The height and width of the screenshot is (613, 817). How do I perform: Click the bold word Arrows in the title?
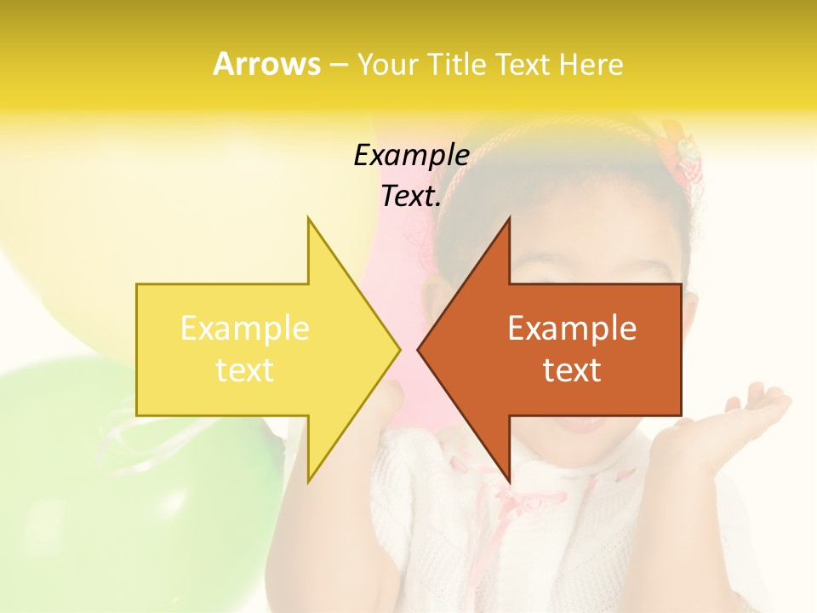coord(266,64)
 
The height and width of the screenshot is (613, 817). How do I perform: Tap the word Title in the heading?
coord(459,65)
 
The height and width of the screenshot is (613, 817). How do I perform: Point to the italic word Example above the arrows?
coord(411,156)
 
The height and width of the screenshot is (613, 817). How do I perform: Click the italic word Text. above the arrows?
coord(411,197)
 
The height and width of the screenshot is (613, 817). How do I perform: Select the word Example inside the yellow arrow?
coord(244,329)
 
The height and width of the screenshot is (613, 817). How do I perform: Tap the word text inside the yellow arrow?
coord(244,370)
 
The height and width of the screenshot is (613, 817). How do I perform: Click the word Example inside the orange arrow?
coord(572,329)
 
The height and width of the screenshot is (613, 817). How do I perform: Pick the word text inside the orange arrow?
coord(572,370)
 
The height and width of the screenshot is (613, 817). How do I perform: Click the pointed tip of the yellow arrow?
coord(399,349)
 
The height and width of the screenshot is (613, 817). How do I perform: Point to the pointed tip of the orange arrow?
coord(419,349)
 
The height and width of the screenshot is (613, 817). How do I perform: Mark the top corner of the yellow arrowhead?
coord(309,219)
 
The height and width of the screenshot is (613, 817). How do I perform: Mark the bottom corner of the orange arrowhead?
coord(509,481)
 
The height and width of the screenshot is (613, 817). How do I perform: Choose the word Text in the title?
coord(523,65)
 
